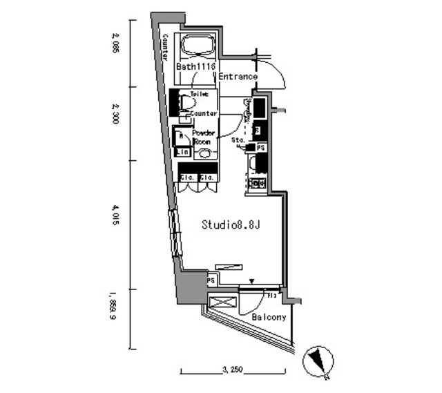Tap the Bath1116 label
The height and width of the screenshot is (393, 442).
[x=196, y=67]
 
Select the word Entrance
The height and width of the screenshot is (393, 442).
[x=238, y=77]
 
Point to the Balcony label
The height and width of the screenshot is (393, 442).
[x=269, y=317]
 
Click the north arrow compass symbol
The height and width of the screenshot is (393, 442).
[x=318, y=361]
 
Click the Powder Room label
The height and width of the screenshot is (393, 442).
[x=204, y=137]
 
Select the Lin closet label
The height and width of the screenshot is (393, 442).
[x=182, y=152]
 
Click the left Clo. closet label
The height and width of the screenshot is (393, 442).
[x=187, y=178]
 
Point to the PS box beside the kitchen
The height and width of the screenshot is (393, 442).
[x=260, y=148]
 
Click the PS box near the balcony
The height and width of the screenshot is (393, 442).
[x=211, y=281]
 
